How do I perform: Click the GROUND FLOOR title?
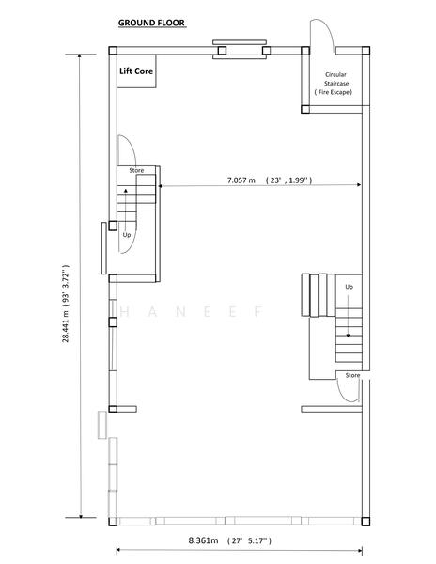point(151,23)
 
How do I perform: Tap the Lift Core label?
point(136,70)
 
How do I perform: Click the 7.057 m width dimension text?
point(270,180)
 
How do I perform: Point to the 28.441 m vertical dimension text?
point(66,304)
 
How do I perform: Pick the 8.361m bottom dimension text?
point(229,540)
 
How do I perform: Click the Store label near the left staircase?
point(136,170)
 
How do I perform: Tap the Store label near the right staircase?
point(352,375)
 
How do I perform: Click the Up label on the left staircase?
point(127,235)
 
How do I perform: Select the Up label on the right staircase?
point(349,287)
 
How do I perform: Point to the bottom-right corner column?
point(366,521)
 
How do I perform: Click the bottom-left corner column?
point(113,521)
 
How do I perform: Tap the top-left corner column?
point(113,51)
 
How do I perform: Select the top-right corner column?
point(366,51)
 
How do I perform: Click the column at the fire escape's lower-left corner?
point(305,109)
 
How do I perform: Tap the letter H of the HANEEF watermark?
point(125,311)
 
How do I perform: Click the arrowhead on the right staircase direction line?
point(348,336)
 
